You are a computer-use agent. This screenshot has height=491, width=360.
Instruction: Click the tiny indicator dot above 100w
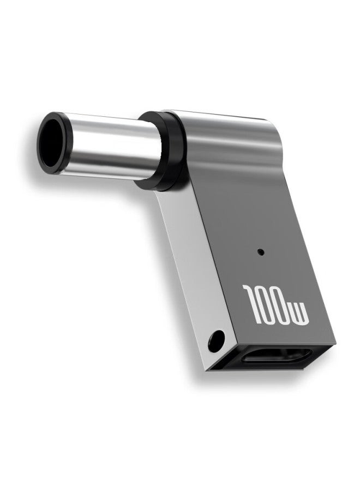point(260,251)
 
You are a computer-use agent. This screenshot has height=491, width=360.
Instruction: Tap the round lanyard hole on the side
point(217,340)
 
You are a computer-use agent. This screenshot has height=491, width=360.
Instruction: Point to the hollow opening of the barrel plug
point(52,143)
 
